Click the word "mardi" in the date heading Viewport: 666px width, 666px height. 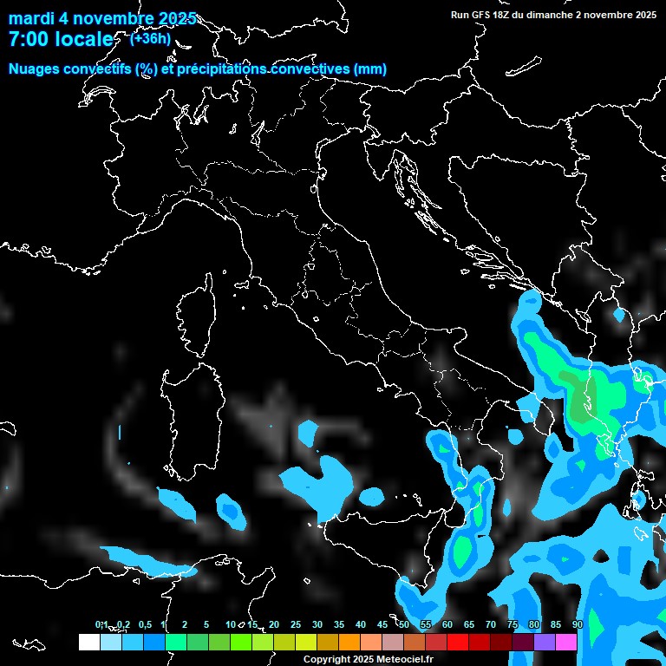pos(31,19)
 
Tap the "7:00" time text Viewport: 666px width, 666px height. pos(27,40)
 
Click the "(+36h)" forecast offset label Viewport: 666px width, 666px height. pos(150,38)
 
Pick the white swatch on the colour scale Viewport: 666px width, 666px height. pos(88,642)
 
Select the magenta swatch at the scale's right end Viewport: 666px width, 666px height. pos(566,642)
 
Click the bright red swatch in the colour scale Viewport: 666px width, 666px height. pos(458,642)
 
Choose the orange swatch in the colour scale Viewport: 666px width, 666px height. pos(349,642)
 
